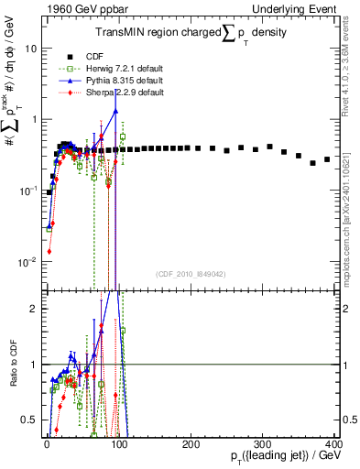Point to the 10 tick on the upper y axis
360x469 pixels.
pos(29,48)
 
